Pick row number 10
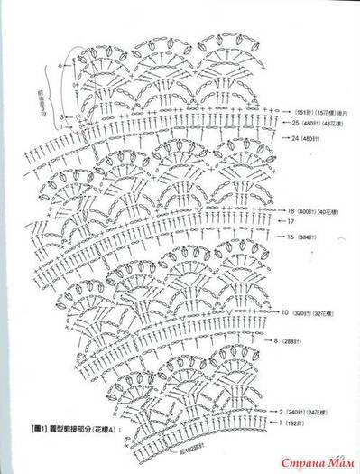point(284,312)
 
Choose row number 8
point(276,343)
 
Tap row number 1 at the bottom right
point(281,422)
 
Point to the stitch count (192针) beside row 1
point(300,422)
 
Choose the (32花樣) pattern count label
point(325,312)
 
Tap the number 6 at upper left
point(60,66)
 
